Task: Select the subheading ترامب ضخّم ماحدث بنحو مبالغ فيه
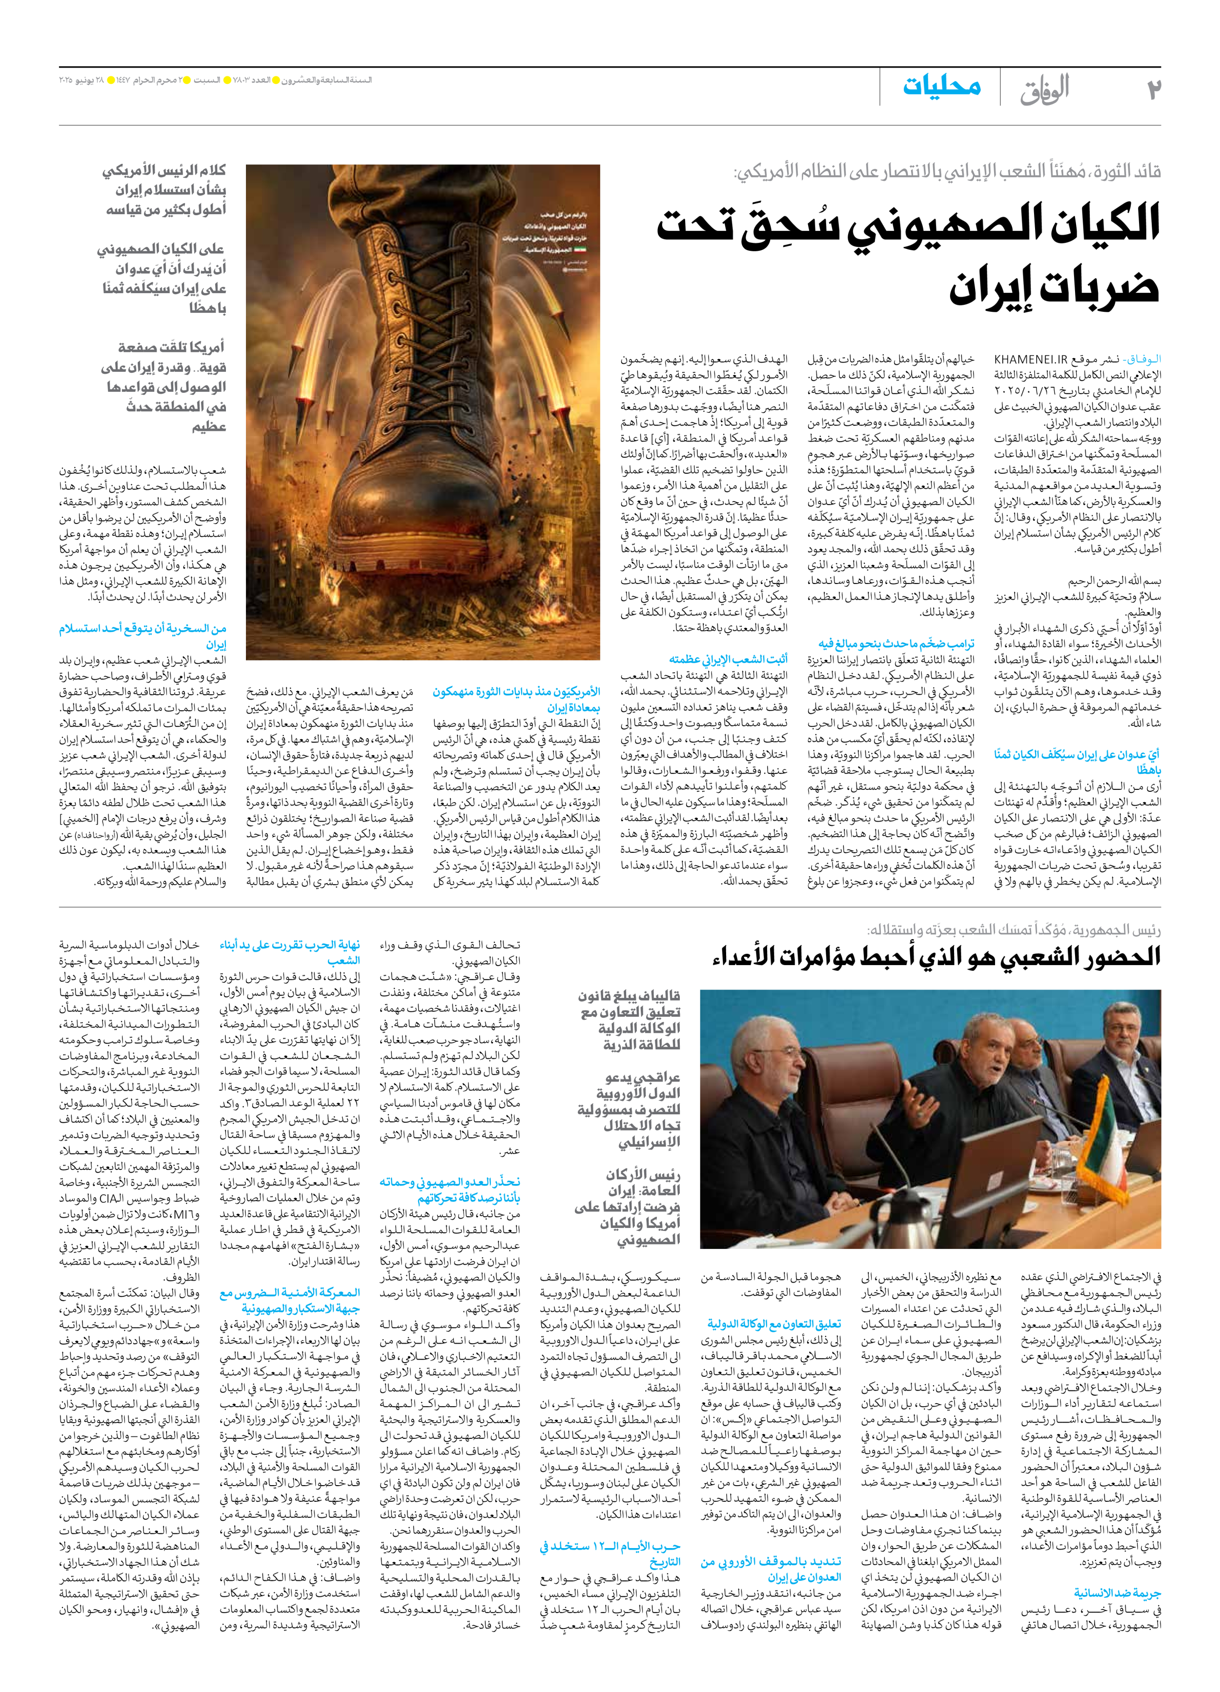895,644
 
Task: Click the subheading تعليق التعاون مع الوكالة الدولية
774,1324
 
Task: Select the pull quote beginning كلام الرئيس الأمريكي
164,191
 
